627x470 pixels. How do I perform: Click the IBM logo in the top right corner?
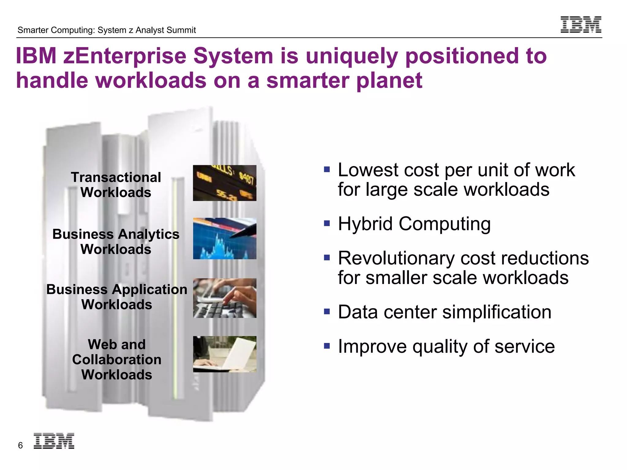tap(581, 24)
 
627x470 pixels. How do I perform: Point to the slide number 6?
tap(21, 446)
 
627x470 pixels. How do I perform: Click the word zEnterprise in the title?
tap(125, 56)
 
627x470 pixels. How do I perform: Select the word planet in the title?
tap(389, 80)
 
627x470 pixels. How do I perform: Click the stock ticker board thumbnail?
tap(224, 183)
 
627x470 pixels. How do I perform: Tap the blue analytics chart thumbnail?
tap(224, 238)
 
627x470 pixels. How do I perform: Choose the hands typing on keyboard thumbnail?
tap(224, 298)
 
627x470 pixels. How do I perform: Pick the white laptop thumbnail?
tap(224, 354)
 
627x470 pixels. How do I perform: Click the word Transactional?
tap(116, 177)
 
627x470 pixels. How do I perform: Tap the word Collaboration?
tap(117, 360)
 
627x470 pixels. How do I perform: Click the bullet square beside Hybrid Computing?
tap(327, 223)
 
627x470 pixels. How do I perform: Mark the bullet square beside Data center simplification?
tap(327, 311)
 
